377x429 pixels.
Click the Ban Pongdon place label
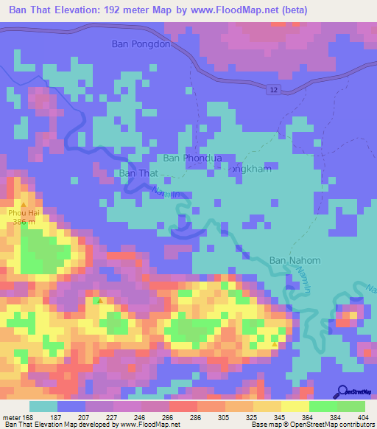[x=141, y=43]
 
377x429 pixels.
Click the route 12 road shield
[x=272, y=88]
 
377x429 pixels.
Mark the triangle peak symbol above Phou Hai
[x=24, y=204]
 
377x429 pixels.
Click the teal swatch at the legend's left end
[x=43, y=406]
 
